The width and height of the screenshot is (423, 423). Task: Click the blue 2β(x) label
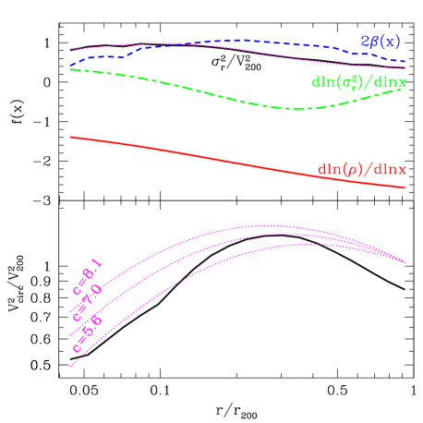(381, 42)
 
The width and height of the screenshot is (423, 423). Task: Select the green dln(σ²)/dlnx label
(359, 81)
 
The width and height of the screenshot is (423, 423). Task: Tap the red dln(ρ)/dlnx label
(361, 169)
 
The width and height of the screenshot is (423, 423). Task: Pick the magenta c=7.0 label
(88, 302)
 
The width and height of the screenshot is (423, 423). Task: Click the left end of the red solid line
(70, 137)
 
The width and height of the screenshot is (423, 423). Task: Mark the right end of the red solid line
(405, 188)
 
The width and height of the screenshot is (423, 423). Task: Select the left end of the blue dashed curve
(70, 66)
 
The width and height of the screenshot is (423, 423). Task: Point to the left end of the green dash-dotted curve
(70, 69)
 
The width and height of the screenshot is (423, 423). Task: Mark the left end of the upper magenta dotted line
(70, 49)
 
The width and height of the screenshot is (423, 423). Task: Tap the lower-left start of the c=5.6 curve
(70, 367)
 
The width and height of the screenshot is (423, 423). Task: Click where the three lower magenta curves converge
(404, 262)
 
